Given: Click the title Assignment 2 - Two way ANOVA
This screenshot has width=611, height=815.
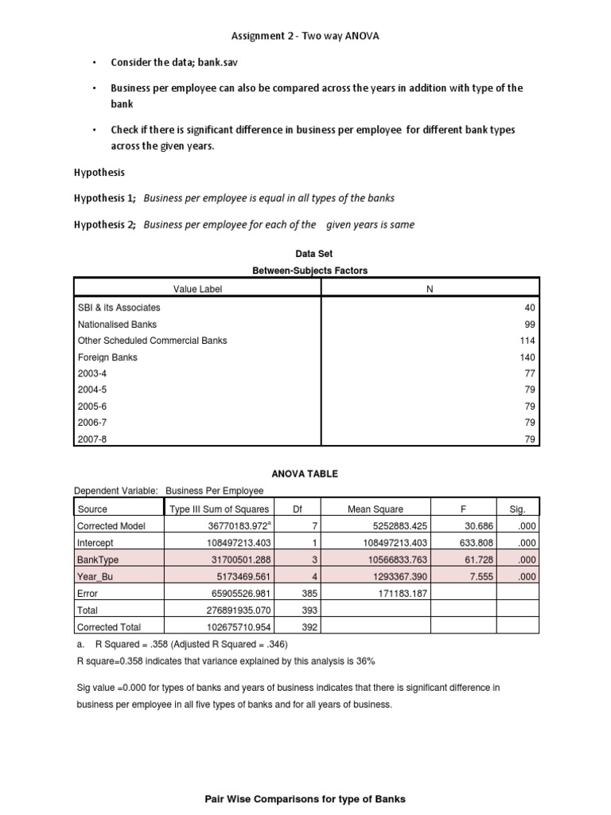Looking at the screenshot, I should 305,36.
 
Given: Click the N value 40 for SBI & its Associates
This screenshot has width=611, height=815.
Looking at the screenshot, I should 531,307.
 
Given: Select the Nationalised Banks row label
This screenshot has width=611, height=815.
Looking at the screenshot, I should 117,324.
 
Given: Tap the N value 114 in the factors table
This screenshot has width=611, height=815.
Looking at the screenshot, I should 528,341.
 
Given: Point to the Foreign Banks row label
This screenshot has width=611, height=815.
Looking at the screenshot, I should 107,357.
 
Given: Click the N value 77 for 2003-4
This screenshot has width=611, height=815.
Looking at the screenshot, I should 531,373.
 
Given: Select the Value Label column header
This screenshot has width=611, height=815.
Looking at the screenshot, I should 198,289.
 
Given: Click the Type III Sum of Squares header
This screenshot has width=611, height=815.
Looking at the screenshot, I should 220,509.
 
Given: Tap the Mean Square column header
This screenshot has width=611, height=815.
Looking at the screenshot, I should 376,509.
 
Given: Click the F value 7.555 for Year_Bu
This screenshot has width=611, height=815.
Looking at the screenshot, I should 481,576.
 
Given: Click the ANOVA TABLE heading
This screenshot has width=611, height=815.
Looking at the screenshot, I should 305,474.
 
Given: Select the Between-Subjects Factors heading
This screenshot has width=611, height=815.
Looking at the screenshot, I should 309,271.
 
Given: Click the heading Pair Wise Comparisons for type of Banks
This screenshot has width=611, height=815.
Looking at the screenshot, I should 305,798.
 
